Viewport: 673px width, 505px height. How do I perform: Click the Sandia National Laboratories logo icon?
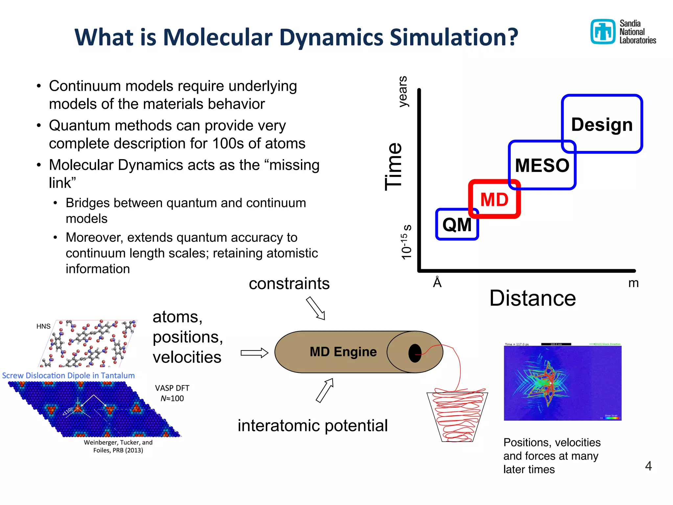coord(603,32)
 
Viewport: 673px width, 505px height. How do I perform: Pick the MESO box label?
coord(542,165)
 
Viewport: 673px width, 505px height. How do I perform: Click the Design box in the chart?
coord(602,125)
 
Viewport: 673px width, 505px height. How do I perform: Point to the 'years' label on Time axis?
coord(403,91)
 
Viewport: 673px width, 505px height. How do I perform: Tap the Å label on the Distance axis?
coord(437,282)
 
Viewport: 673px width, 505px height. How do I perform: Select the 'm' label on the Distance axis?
coord(633,283)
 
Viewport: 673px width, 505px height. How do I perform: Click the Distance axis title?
coord(532,298)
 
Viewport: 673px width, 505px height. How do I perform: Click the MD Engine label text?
coord(343,352)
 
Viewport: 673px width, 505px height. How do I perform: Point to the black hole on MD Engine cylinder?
coord(415,353)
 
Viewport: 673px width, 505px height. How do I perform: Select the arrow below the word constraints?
coord(315,308)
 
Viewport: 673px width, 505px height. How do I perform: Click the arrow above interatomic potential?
coord(325,390)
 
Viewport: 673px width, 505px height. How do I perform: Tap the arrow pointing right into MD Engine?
coord(254,353)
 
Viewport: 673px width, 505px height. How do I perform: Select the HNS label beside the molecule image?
coord(43,326)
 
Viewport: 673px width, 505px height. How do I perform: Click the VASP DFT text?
coord(172,388)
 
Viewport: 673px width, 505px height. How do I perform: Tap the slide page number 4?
coord(648,466)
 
